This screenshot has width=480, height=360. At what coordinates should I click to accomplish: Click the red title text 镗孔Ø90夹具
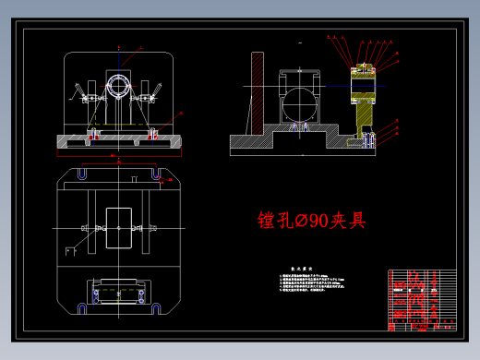coord(311,221)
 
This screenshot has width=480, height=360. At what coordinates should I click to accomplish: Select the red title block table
coord(423,300)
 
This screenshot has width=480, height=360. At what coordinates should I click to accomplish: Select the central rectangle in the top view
coord(119,226)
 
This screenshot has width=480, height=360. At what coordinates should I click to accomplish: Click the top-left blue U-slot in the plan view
coord(80,174)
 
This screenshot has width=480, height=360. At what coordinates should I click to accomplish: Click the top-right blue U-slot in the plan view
coord(158,174)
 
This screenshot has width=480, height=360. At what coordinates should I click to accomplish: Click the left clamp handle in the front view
coord(76,91)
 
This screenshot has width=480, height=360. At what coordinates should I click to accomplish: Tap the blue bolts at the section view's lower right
coord(369,139)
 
